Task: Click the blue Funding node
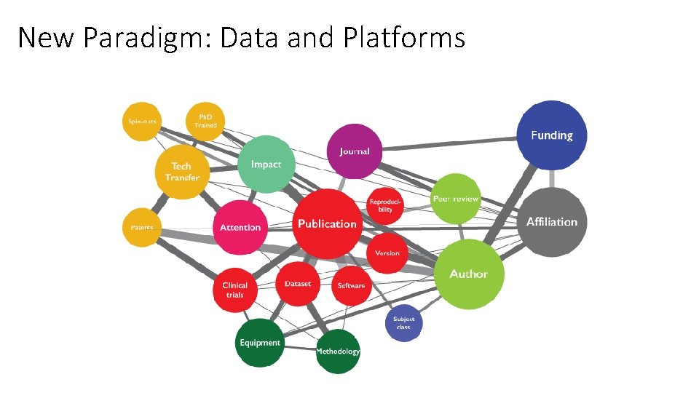(x=551, y=135)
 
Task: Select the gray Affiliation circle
(x=552, y=222)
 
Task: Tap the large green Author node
(x=469, y=274)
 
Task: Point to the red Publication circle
(x=327, y=223)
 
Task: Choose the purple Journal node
(x=355, y=151)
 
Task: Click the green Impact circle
(x=266, y=164)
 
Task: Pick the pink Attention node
(x=240, y=227)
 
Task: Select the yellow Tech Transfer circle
(x=182, y=172)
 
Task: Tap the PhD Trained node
(x=205, y=121)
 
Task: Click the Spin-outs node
(x=143, y=121)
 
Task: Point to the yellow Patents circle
(x=142, y=227)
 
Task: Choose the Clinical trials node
(x=234, y=290)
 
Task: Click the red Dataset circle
(x=298, y=284)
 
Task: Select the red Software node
(x=351, y=285)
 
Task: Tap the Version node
(x=387, y=253)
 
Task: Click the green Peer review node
(x=456, y=199)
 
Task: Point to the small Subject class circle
(x=403, y=322)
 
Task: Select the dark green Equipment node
(x=259, y=343)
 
